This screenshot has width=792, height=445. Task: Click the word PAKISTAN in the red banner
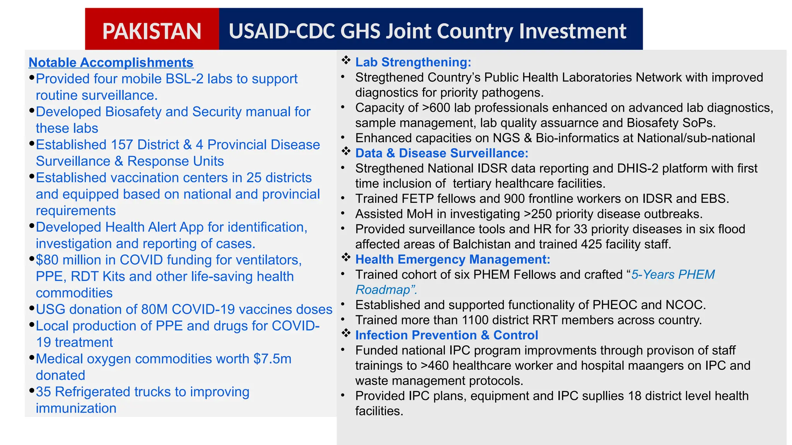(152, 31)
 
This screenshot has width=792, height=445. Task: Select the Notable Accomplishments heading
(111, 63)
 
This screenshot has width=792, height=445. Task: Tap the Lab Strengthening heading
(413, 62)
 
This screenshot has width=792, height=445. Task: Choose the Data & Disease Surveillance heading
(442, 153)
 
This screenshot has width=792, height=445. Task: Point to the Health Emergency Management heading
(452, 259)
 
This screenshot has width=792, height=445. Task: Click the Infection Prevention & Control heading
(447, 335)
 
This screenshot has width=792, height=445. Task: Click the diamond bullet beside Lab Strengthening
(346, 60)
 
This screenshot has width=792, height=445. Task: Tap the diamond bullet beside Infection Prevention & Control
(346, 333)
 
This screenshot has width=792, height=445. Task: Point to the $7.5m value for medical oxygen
(272, 359)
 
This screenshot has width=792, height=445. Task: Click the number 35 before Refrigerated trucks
(43, 392)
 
